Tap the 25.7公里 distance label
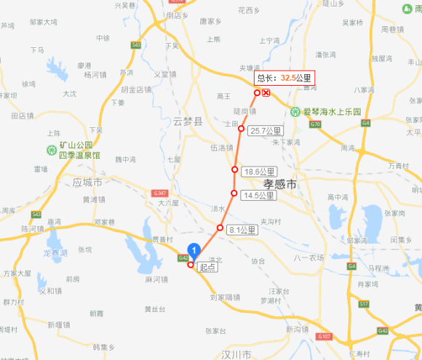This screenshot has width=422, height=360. click(266, 131)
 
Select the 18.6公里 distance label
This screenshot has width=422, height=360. click(258, 172)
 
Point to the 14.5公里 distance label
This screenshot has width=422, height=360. click(258, 196)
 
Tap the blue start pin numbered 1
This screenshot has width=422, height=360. click(194, 250)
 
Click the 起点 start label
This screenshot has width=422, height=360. click(207, 267)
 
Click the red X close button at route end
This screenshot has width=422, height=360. click(266, 93)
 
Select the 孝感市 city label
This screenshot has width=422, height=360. click(280, 185)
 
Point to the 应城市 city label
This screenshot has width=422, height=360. click(88, 181)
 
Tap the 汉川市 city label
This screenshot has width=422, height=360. click(236, 354)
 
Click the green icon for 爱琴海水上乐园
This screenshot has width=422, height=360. click(296, 112)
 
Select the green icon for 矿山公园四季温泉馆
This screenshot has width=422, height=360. click(52, 151)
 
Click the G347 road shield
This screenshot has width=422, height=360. click(161, 193)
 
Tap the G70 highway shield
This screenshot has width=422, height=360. click(314, 124)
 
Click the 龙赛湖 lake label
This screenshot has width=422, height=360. click(55, 252)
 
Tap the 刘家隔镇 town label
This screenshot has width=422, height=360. click(225, 297)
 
